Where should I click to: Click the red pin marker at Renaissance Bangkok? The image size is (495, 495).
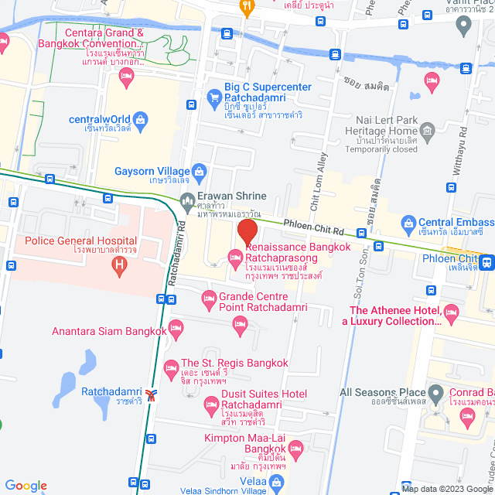click(x=247, y=231)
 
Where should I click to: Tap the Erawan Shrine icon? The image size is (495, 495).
click(x=187, y=203)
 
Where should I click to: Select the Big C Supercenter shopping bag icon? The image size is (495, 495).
click(x=214, y=97)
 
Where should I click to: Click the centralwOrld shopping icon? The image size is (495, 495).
click(x=140, y=119)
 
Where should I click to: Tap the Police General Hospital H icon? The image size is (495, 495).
click(x=119, y=266)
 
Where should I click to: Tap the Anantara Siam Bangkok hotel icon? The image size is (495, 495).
click(x=176, y=327)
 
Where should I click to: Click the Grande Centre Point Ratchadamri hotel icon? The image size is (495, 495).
click(x=208, y=298)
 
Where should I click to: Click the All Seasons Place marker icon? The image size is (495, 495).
click(x=436, y=393)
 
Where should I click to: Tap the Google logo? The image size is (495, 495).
click(x=26, y=485)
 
